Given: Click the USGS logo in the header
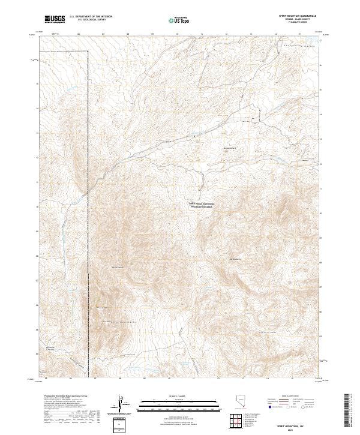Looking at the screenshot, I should click(55, 19).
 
